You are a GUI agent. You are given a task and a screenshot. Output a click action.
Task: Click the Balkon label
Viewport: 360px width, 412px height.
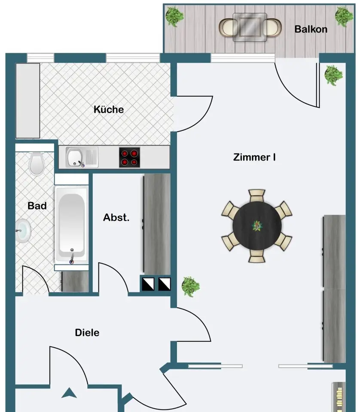pos(311,29)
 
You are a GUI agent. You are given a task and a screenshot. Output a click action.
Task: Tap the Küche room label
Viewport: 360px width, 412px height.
pos(109,109)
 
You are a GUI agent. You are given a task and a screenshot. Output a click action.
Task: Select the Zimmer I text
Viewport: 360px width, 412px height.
pos(254,157)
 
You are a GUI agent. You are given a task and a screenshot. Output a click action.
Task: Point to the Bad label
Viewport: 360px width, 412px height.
pos(37,206)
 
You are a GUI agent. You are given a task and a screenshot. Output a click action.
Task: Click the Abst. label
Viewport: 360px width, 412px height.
pos(116,218)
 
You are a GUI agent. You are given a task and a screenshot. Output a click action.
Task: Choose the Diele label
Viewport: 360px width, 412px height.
pos(87,333)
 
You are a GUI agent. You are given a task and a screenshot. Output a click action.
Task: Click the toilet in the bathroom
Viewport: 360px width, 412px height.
pos(36,163)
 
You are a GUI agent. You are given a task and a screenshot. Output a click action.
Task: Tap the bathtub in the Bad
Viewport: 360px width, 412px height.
pos(71,225)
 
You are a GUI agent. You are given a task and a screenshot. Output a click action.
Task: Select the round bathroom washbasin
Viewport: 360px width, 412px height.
pos(23,231)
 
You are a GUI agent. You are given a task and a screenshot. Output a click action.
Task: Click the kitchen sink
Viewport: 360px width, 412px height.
pos(82,157)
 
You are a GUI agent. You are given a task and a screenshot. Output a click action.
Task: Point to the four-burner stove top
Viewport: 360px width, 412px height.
pos(129,158)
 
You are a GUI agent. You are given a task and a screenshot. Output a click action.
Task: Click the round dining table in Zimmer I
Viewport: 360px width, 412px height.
pos(257,226)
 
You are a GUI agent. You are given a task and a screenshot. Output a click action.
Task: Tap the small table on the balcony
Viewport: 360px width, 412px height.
pos(250,27)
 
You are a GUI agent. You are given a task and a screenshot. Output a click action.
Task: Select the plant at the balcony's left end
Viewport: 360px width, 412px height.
pos(174,17)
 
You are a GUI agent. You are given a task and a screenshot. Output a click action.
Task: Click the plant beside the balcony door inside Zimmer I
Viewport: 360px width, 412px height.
pos(333,75)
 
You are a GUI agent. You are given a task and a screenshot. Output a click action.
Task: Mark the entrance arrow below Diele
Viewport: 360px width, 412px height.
pos(69,393)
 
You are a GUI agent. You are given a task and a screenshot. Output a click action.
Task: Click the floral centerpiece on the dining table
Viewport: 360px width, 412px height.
pos(257,226)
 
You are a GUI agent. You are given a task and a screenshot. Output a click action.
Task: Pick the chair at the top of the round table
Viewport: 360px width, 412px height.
pos(257,196)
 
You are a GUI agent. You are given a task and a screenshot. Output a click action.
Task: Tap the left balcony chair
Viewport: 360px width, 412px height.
pos(227,27)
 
